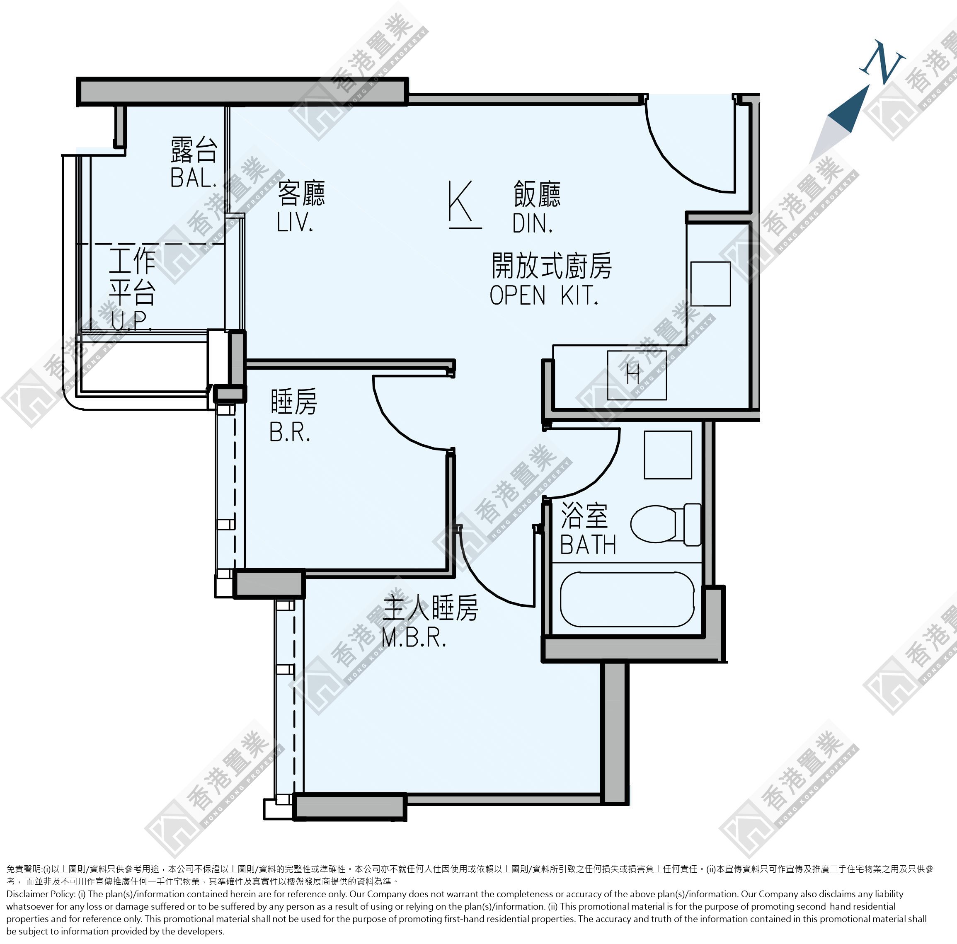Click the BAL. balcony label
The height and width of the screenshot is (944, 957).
click(x=194, y=178)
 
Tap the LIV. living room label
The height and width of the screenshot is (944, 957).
click(x=295, y=223)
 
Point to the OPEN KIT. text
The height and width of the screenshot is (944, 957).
click(x=544, y=296)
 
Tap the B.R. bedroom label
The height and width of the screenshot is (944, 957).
click(x=290, y=432)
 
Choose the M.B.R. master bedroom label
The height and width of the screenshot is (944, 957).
click(x=414, y=639)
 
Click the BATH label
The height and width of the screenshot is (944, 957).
click(x=589, y=545)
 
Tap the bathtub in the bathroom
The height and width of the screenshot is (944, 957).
click(x=627, y=599)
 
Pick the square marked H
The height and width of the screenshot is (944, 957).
click(x=637, y=375)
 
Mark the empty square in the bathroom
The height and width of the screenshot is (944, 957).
click(x=668, y=455)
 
